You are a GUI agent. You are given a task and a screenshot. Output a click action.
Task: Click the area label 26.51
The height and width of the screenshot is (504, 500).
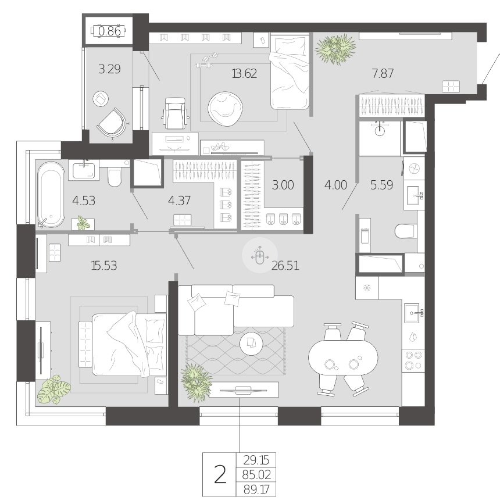(x=285, y=266)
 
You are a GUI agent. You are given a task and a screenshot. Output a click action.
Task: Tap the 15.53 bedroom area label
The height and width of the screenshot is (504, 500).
(x=104, y=266)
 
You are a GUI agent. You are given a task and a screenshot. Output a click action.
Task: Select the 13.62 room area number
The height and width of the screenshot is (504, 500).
(x=244, y=74)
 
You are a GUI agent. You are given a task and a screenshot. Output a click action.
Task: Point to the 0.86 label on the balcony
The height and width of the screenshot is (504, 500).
(x=110, y=31)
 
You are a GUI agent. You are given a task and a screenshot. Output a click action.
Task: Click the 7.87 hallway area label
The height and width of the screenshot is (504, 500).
(x=383, y=74)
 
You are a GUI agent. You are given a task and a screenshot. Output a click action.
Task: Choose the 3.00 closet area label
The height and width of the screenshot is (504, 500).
(x=283, y=185)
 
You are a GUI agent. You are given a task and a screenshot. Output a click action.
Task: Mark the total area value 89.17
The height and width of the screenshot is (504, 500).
(x=256, y=489)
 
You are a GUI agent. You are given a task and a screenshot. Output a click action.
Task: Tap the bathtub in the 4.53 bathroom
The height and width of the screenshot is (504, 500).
(x=51, y=194)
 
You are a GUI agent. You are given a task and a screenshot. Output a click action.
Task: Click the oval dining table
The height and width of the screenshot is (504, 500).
(x=343, y=358)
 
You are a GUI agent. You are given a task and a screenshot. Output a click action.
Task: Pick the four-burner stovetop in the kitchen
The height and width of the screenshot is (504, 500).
(x=413, y=360)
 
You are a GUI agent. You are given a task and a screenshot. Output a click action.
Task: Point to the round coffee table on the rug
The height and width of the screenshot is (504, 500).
(x=251, y=344)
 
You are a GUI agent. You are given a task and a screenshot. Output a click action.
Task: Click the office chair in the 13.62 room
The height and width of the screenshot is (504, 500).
(x=174, y=113)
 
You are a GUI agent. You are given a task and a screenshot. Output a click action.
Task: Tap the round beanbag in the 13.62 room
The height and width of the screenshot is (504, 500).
(x=225, y=108)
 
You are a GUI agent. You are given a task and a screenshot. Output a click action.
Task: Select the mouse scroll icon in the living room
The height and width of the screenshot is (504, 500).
(x=260, y=256)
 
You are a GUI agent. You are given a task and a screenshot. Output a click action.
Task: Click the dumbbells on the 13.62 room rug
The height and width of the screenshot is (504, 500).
(x=206, y=62)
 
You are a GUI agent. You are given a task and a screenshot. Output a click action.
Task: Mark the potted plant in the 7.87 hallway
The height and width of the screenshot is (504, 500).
(x=335, y=49)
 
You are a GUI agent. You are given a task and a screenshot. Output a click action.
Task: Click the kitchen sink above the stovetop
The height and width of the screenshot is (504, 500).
(x=413, y=313)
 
